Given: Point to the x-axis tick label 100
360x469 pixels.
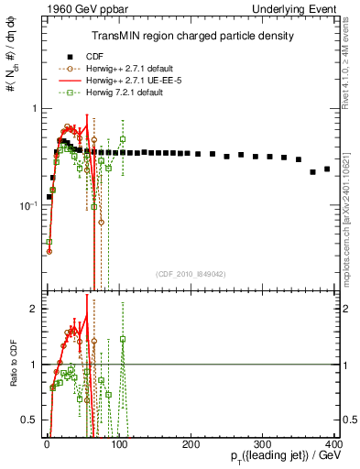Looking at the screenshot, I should pyautogui.click(x=119, y=443).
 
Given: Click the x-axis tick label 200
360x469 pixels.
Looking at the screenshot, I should pyautogui.click(x=191, y=443).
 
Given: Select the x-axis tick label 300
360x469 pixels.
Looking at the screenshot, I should pyautogui.click(x=264, y=443).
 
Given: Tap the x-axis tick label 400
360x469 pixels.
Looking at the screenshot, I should pyautogui.click(x=335, y=443).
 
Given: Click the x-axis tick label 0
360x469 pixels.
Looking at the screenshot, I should pyautogui.click(x=47, y=443).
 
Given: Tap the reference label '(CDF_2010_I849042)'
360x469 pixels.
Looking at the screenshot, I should pyautogui.click(x=190, y=274).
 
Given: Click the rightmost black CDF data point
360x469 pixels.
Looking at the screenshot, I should pyautogui.click(x=327, y=169).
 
